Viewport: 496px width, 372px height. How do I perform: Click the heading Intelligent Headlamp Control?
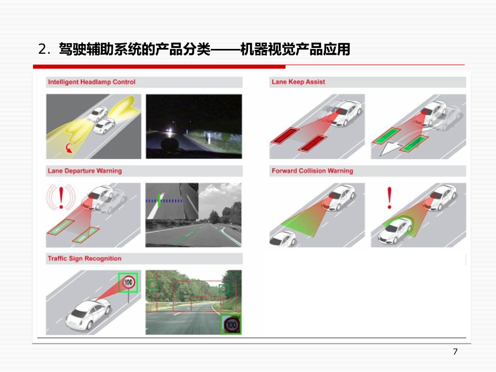click(92, 82)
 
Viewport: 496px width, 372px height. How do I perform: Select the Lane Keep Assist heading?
click(298, 82)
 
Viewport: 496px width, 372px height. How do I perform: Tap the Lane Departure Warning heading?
click(84, 171)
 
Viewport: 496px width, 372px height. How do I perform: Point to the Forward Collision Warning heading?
click(312, 171)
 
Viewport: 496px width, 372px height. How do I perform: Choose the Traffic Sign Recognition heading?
click(84, 259)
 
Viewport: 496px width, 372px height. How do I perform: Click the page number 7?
click(455, 352)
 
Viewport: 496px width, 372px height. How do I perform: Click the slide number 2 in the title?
click(42, 49)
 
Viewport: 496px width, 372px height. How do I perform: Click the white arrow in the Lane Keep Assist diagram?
click(392, 147)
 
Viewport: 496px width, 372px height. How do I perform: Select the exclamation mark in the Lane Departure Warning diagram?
click(62, 198)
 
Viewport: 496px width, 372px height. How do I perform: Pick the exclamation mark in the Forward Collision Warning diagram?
click(389, 198)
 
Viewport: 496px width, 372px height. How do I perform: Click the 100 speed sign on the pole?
click(128, 282)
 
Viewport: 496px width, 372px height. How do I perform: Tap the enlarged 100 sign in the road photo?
click(232, 324)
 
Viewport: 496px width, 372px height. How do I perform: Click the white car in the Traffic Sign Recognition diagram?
click(88, 314)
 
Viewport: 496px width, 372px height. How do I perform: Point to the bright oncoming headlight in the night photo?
click(170, 130)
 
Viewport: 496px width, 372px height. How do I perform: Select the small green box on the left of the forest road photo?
click(154, 285)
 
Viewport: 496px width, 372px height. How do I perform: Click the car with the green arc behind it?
click(395, 230)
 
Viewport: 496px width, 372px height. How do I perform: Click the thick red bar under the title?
click(159, 66)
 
